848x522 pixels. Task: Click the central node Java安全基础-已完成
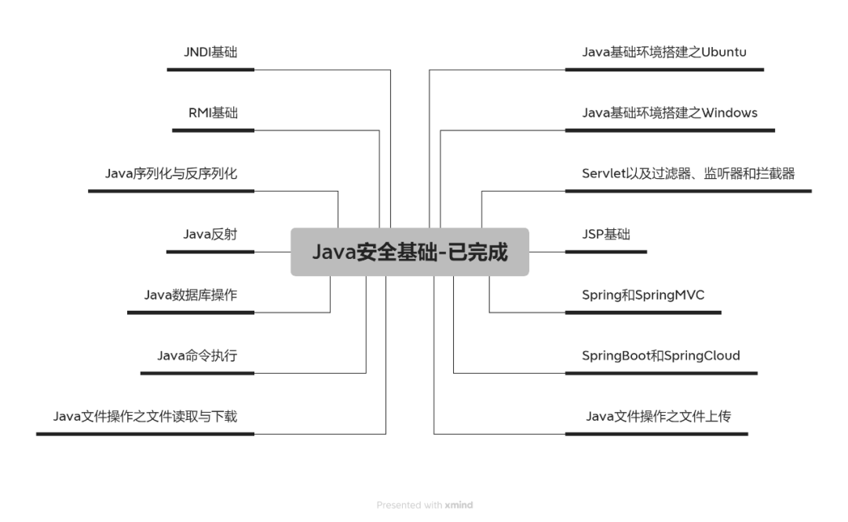[x=410, y=252]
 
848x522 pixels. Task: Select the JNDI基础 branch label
[x=210, y=53]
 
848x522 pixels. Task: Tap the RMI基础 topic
[x=213, y=113]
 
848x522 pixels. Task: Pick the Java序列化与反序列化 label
[x=171, y=173]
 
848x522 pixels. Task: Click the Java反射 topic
[x=210, y=234]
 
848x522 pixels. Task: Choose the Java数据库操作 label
[x=191, y=295]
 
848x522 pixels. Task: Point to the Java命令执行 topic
[x=197, y=356]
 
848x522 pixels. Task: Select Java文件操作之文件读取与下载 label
[x=145, y=416]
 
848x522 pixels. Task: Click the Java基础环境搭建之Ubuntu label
[x=663, y=53]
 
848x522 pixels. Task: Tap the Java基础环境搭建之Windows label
[x=670, y=113]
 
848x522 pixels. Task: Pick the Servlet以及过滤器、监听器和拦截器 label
[x=688, y=173]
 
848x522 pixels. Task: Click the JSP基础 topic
[x=606, y=234]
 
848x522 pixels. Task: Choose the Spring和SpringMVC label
[x=643, y=295]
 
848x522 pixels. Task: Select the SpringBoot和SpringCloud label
[x=661, y=356]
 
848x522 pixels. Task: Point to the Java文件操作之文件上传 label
[x=658, y=416]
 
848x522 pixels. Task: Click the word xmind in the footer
[x=459, y=505]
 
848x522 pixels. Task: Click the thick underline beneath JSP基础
[x=606, y=252]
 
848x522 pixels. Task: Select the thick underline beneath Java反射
[x=210, y=252]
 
